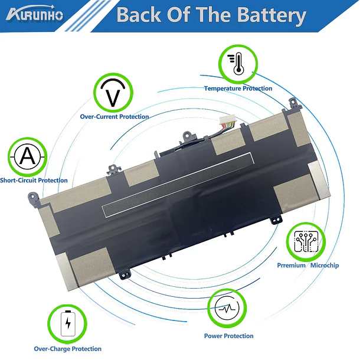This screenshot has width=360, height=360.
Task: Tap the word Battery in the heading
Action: point(271,15)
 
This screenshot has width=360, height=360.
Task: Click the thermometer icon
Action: point(236,64)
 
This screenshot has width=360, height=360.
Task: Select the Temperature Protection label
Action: point(238,89)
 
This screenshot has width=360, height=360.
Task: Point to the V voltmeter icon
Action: point(113,93)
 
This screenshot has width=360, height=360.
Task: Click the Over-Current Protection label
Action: point(114,117)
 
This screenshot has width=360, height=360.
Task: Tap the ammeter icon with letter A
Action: point(28,157)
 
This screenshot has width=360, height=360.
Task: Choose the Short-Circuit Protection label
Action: point(34,180)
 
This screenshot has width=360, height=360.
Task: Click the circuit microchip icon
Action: point(306,241)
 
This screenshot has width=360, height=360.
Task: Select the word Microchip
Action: point(325,266)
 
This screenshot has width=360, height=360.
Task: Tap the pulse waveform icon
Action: point(227,308)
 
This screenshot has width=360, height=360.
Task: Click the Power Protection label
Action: point(228,336)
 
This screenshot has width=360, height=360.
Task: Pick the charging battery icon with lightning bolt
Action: point(68,323)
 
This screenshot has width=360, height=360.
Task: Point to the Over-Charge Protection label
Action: point(67,349)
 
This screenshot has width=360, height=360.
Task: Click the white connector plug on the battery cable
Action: point(227,119)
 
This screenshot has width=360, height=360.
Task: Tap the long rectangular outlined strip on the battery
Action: point(178,185)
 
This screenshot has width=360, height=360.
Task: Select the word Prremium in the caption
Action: point(291,266)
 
